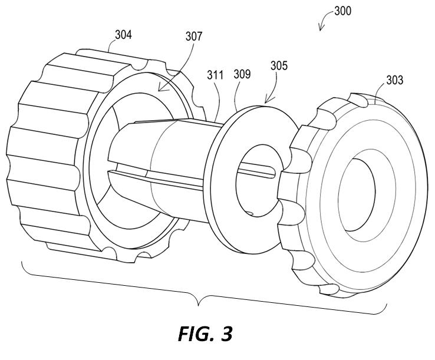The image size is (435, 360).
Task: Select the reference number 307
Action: (x=193, y=37)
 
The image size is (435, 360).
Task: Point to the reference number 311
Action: (x=215, y=75)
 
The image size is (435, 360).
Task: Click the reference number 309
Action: (x=242, y=74)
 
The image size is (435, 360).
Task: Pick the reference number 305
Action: (x=279, y=65)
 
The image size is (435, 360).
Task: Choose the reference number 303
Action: (x=395, y=80)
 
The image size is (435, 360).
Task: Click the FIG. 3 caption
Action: (x=205, y=333)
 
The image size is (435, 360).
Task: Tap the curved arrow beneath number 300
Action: (x=324, y=24)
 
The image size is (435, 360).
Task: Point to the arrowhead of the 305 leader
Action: (x=265, y=101)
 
